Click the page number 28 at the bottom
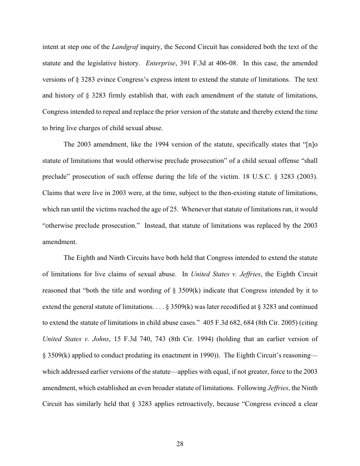click(x=180, y=444)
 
